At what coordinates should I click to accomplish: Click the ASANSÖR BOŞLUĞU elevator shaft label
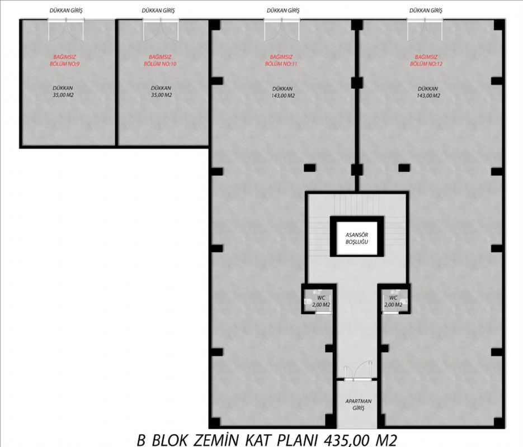coord(356,238)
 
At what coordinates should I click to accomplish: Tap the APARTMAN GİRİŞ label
coord(358,405)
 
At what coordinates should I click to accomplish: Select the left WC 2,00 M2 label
coord(321,301)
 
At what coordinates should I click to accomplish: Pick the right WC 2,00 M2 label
coord(393,301)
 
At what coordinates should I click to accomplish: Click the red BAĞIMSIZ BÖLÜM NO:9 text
coord(65,60)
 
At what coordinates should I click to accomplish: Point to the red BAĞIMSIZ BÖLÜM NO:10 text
coord(160,60)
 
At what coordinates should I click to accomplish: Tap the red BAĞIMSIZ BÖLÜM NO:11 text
coord(281,60)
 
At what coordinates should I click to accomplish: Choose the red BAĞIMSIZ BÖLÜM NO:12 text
coord(426,60)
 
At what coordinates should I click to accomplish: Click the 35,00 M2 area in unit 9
coord(63,95)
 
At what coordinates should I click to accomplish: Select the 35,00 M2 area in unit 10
coord(161,95)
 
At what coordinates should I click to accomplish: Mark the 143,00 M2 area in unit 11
coord(282,96)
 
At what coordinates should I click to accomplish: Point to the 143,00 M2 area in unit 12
coord(428,96)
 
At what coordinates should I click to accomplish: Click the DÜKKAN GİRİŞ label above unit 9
coord(66,10)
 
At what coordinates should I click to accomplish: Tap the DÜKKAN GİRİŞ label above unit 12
coord(426,10)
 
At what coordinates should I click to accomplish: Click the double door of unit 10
coord(161,30)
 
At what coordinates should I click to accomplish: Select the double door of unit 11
coord(282,30)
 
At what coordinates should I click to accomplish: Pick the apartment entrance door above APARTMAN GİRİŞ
coord(358,372)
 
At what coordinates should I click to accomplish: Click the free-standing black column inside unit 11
coord(309,168)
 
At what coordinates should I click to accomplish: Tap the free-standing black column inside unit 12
coord(404,168)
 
